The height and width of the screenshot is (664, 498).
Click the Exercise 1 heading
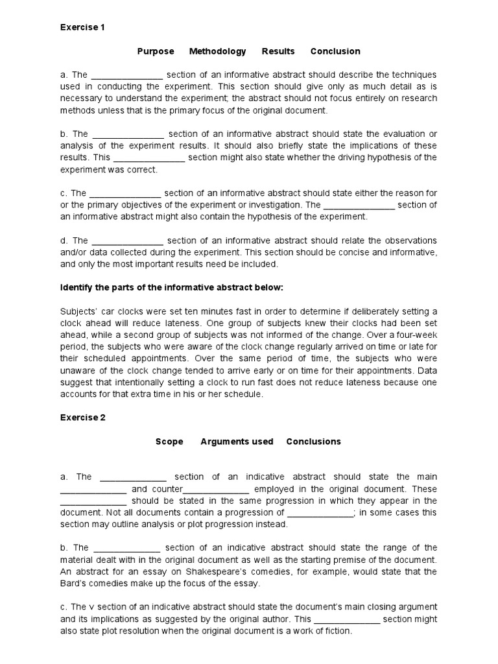point(82,27)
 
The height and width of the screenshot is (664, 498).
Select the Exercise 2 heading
point(82,418)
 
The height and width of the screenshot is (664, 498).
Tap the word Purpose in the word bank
point(155,51)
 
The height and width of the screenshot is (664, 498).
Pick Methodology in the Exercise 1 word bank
point(217,51)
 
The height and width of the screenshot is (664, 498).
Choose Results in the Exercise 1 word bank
point(278,51)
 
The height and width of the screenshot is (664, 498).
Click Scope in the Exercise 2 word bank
point(169,442)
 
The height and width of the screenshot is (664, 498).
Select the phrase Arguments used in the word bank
point(237,442)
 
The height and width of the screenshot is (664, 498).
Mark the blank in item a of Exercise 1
point(127,75)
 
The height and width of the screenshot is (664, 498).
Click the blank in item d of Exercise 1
point(127,241)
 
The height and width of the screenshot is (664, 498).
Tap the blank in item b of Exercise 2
point(126,548)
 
